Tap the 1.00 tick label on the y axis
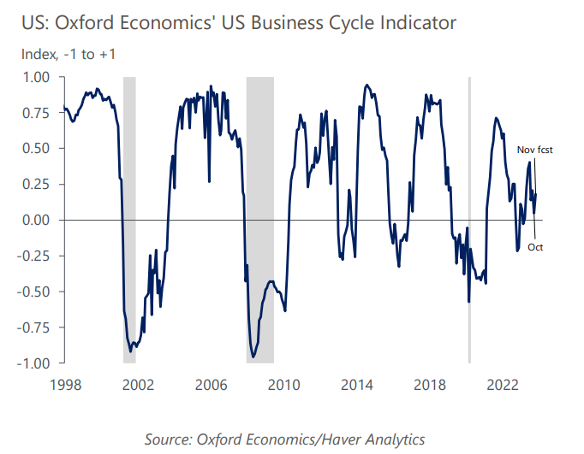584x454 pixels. [x=35, y=77]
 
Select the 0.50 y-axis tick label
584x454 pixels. [x=35, y=149]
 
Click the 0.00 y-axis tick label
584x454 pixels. [x=35, y=221]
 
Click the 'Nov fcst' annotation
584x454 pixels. [x=535, y=150]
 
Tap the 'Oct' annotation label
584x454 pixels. [x=535, y=248]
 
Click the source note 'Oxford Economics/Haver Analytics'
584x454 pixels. [x=285, y=439]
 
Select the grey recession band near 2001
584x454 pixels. [x=129, y=220]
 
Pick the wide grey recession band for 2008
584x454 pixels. [x=260, y=220]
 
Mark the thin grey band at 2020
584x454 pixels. [x=469, y=220]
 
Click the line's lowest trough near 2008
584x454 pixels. [x=253, y=357]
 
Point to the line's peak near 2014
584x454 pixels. [x=366, y=85]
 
